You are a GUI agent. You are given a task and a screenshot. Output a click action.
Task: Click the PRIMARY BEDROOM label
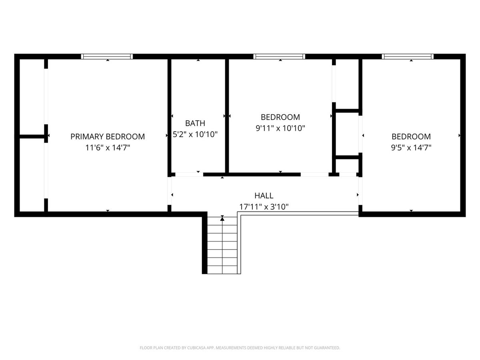108,137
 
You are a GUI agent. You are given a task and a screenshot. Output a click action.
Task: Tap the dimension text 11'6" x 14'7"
108,148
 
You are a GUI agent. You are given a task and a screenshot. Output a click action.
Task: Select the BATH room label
195,123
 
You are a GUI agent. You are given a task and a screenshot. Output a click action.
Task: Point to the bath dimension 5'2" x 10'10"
195,134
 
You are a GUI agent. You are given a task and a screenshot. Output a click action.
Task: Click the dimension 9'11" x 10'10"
280,128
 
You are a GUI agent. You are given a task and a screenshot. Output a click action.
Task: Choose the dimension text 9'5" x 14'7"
411,148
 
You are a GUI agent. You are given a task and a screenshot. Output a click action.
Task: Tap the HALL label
264,196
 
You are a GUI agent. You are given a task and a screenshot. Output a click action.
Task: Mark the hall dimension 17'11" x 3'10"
264,207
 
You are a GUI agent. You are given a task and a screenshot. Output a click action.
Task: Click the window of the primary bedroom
107,57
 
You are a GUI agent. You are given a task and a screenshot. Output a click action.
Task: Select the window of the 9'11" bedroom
279,57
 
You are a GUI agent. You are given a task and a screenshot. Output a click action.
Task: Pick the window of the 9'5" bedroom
408,57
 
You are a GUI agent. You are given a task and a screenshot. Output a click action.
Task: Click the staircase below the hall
222,245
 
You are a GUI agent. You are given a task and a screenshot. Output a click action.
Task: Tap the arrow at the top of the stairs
222,218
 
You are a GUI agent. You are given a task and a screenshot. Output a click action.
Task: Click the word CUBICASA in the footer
196,348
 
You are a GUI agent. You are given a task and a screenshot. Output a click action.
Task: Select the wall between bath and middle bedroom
227,116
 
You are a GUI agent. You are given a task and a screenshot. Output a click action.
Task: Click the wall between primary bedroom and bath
169,116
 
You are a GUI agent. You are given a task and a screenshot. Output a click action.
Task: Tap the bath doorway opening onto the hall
189,175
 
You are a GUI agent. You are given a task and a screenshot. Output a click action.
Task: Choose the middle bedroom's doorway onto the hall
315,175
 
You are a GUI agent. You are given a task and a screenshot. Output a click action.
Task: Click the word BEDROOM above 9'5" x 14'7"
411,137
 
